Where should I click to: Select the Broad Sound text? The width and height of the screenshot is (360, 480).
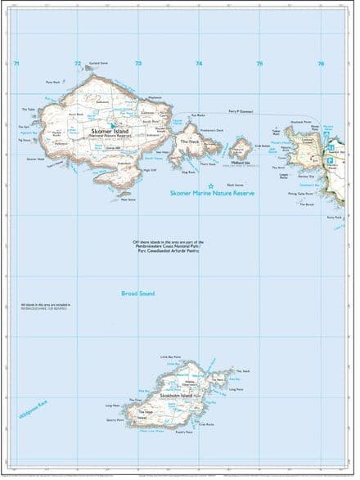(137, 293)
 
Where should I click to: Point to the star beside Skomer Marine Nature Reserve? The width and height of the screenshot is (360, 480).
(210, 186)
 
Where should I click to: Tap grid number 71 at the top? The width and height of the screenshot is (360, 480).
(16, 63)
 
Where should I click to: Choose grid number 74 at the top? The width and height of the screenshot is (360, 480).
(199, 63)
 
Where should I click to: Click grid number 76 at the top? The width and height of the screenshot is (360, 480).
(321, 63)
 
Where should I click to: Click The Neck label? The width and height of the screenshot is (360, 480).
(190, 141)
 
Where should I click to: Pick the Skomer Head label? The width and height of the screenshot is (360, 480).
(35, 159)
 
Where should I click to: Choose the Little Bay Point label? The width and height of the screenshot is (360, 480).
(170, 358)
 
